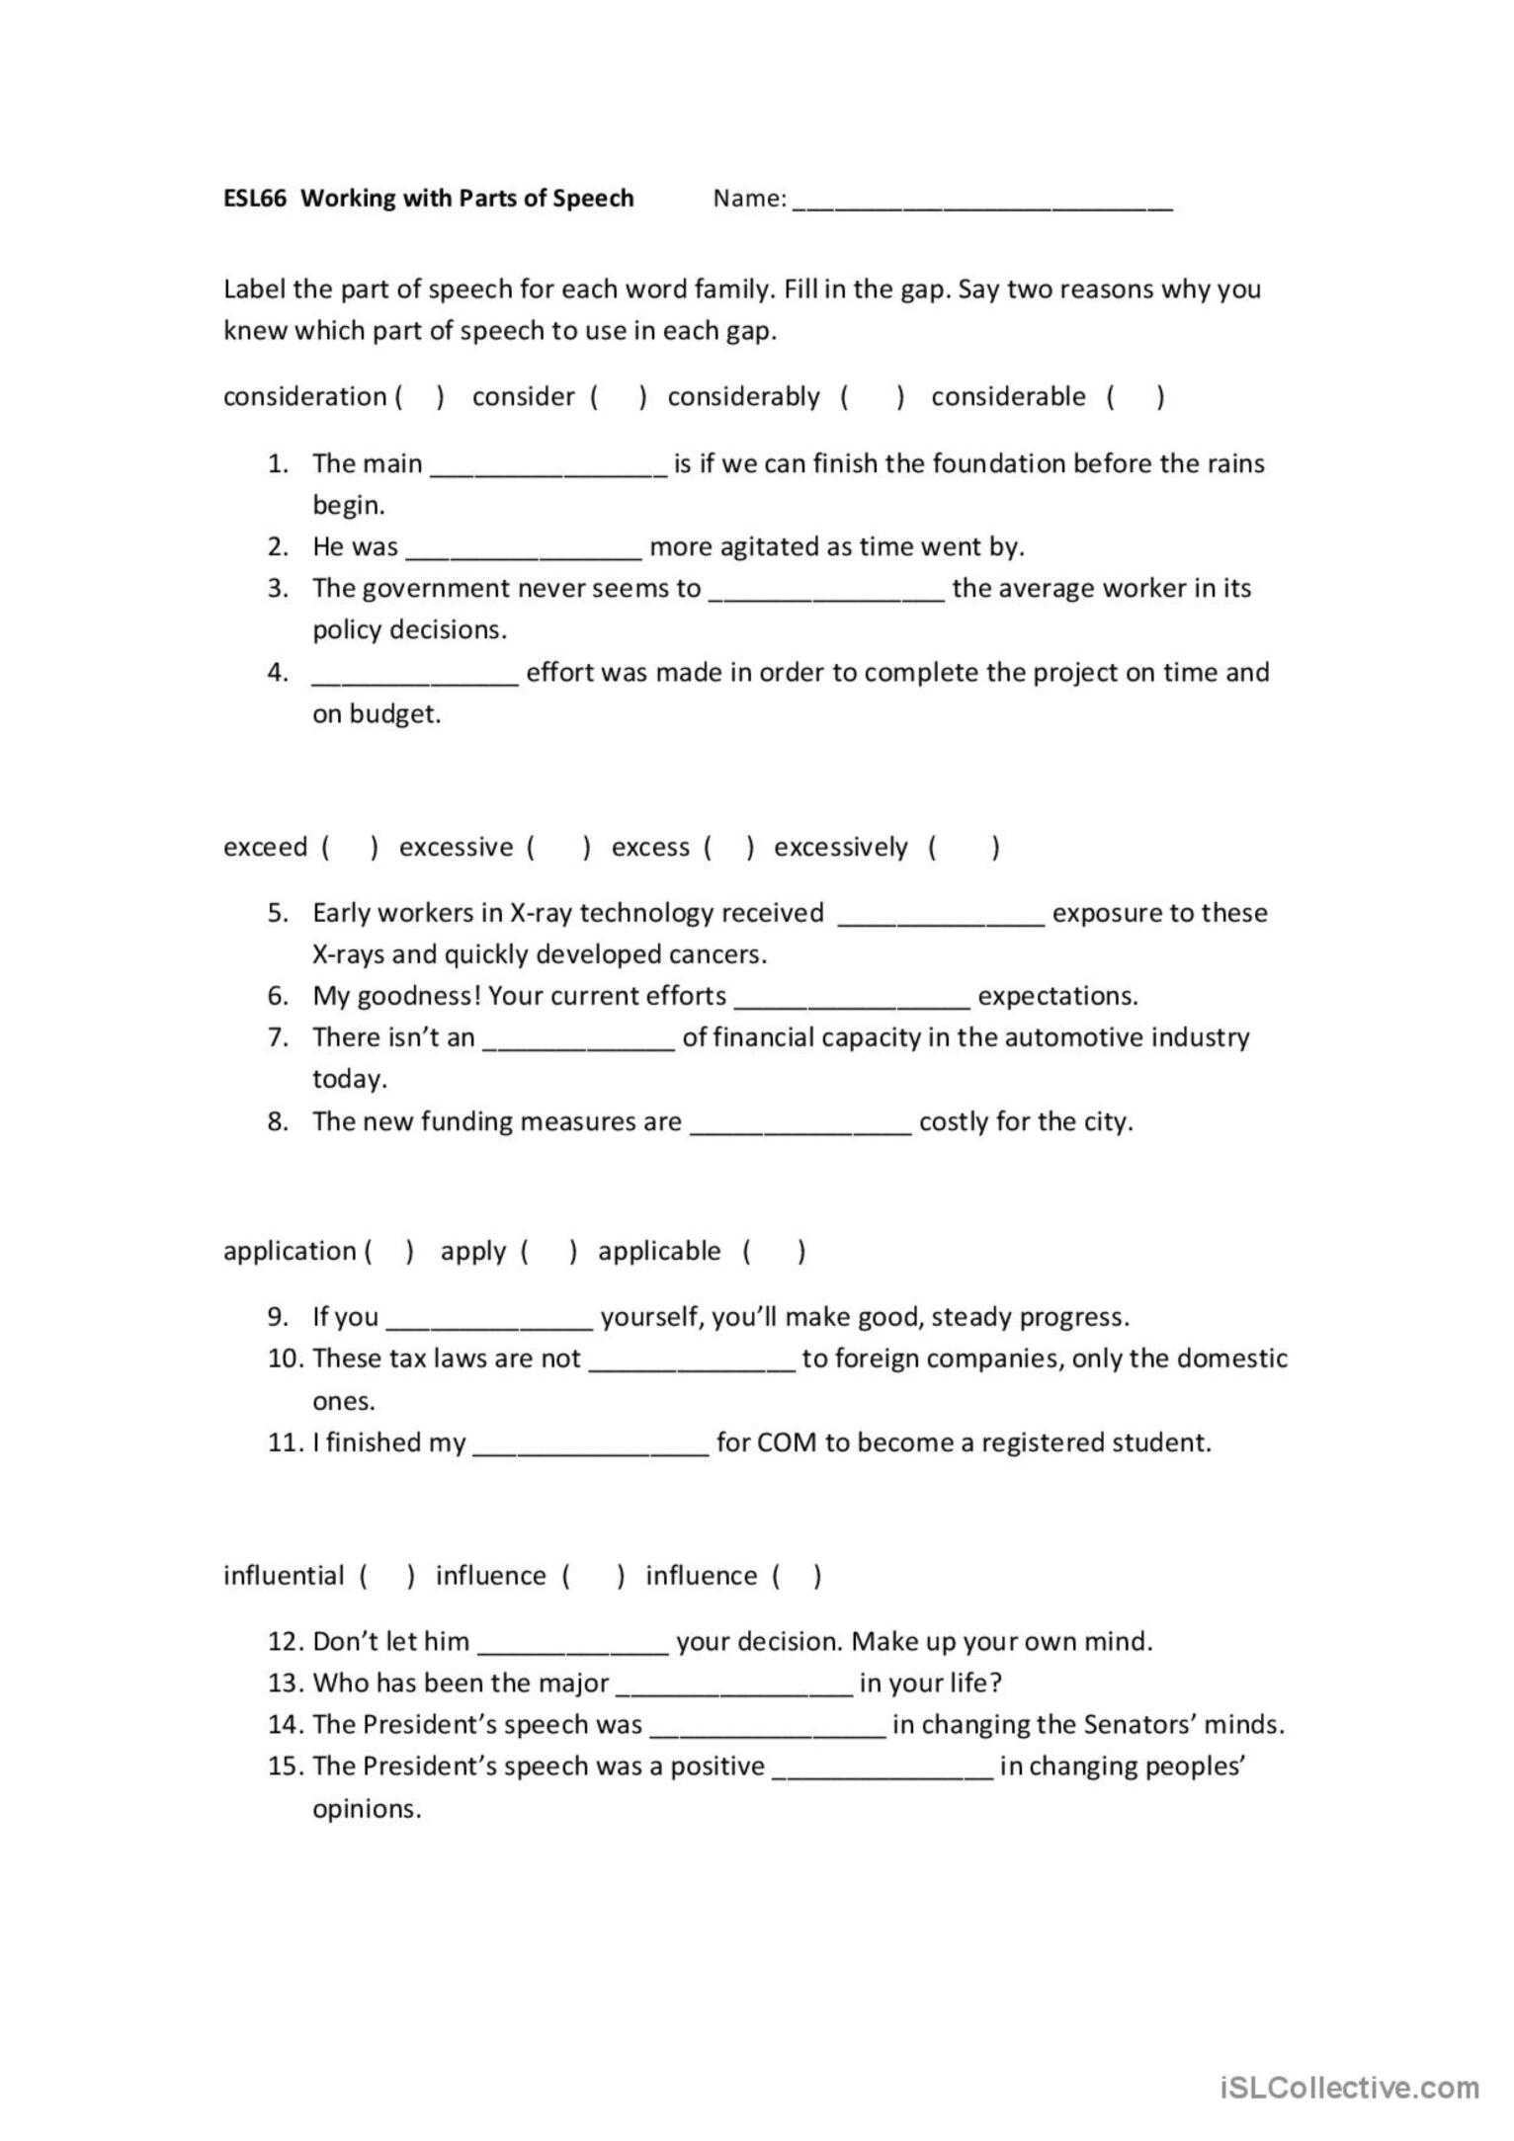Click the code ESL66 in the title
(254, 198)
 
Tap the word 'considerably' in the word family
(743, 397)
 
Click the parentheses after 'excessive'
(559, 848)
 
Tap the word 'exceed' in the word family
(265, 848)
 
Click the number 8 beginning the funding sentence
(277, 1121)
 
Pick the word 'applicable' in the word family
(659, 1252)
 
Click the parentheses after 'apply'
(548, 1253)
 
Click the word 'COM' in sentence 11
(787, 1443)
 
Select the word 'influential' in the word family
(284, 1576)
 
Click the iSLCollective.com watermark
(1350, 2087)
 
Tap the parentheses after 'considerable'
(1135, 397)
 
